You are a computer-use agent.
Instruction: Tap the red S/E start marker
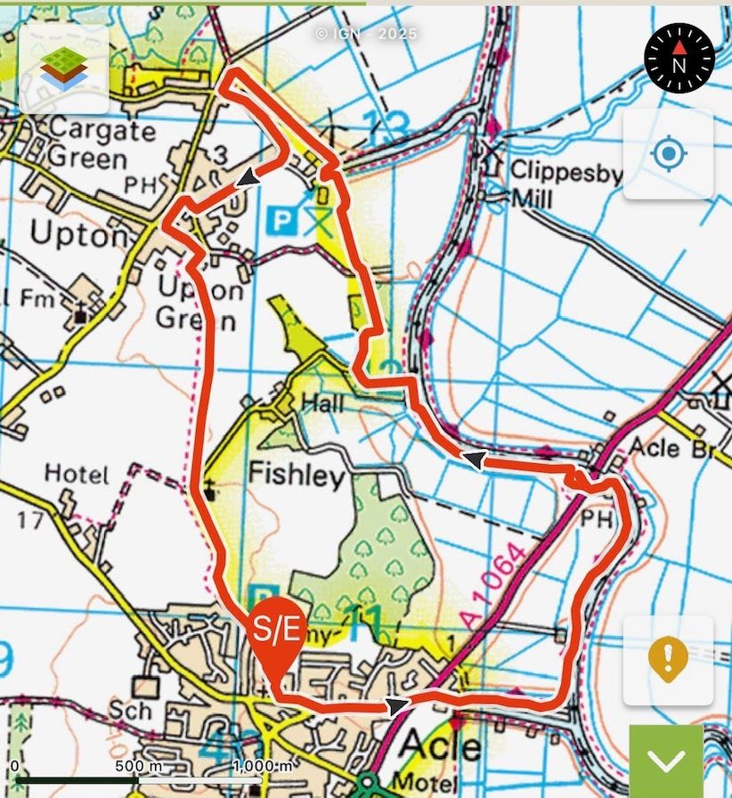(x=277, y=631)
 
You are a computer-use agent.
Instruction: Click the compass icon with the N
(x=679, y=56)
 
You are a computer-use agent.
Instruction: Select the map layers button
(x=64, y=69)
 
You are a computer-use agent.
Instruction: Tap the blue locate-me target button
(x=668, y=155)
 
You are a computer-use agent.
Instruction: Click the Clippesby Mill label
(x=553, y=183)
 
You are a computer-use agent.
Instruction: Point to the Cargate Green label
(x=88, y=143)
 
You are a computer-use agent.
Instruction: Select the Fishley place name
(x=296, y=476)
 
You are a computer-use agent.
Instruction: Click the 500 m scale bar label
(x=138, y=766)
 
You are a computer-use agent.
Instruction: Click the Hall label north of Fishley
(x=322, y=403)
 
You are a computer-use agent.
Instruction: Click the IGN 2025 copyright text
(x=365, y=34)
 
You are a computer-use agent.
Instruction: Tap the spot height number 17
(x=29, y=519)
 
